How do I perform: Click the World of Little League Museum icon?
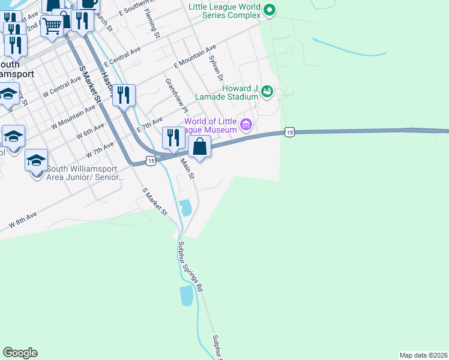click(246, 124)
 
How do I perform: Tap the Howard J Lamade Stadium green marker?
click(267, 92)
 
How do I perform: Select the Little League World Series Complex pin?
click(270, 9)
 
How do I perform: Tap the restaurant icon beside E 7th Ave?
click(173, 138)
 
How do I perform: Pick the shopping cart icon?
click(52, 26)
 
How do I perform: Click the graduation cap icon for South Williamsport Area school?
click(36, 160)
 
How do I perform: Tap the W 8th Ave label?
click(23, 220)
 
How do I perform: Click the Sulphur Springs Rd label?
click(191, 266)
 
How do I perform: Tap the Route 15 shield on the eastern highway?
click(290, 131)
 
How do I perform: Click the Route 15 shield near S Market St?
click(150, 161)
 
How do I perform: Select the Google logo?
click(20, 353)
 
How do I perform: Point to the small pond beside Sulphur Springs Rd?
click(187, 296)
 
